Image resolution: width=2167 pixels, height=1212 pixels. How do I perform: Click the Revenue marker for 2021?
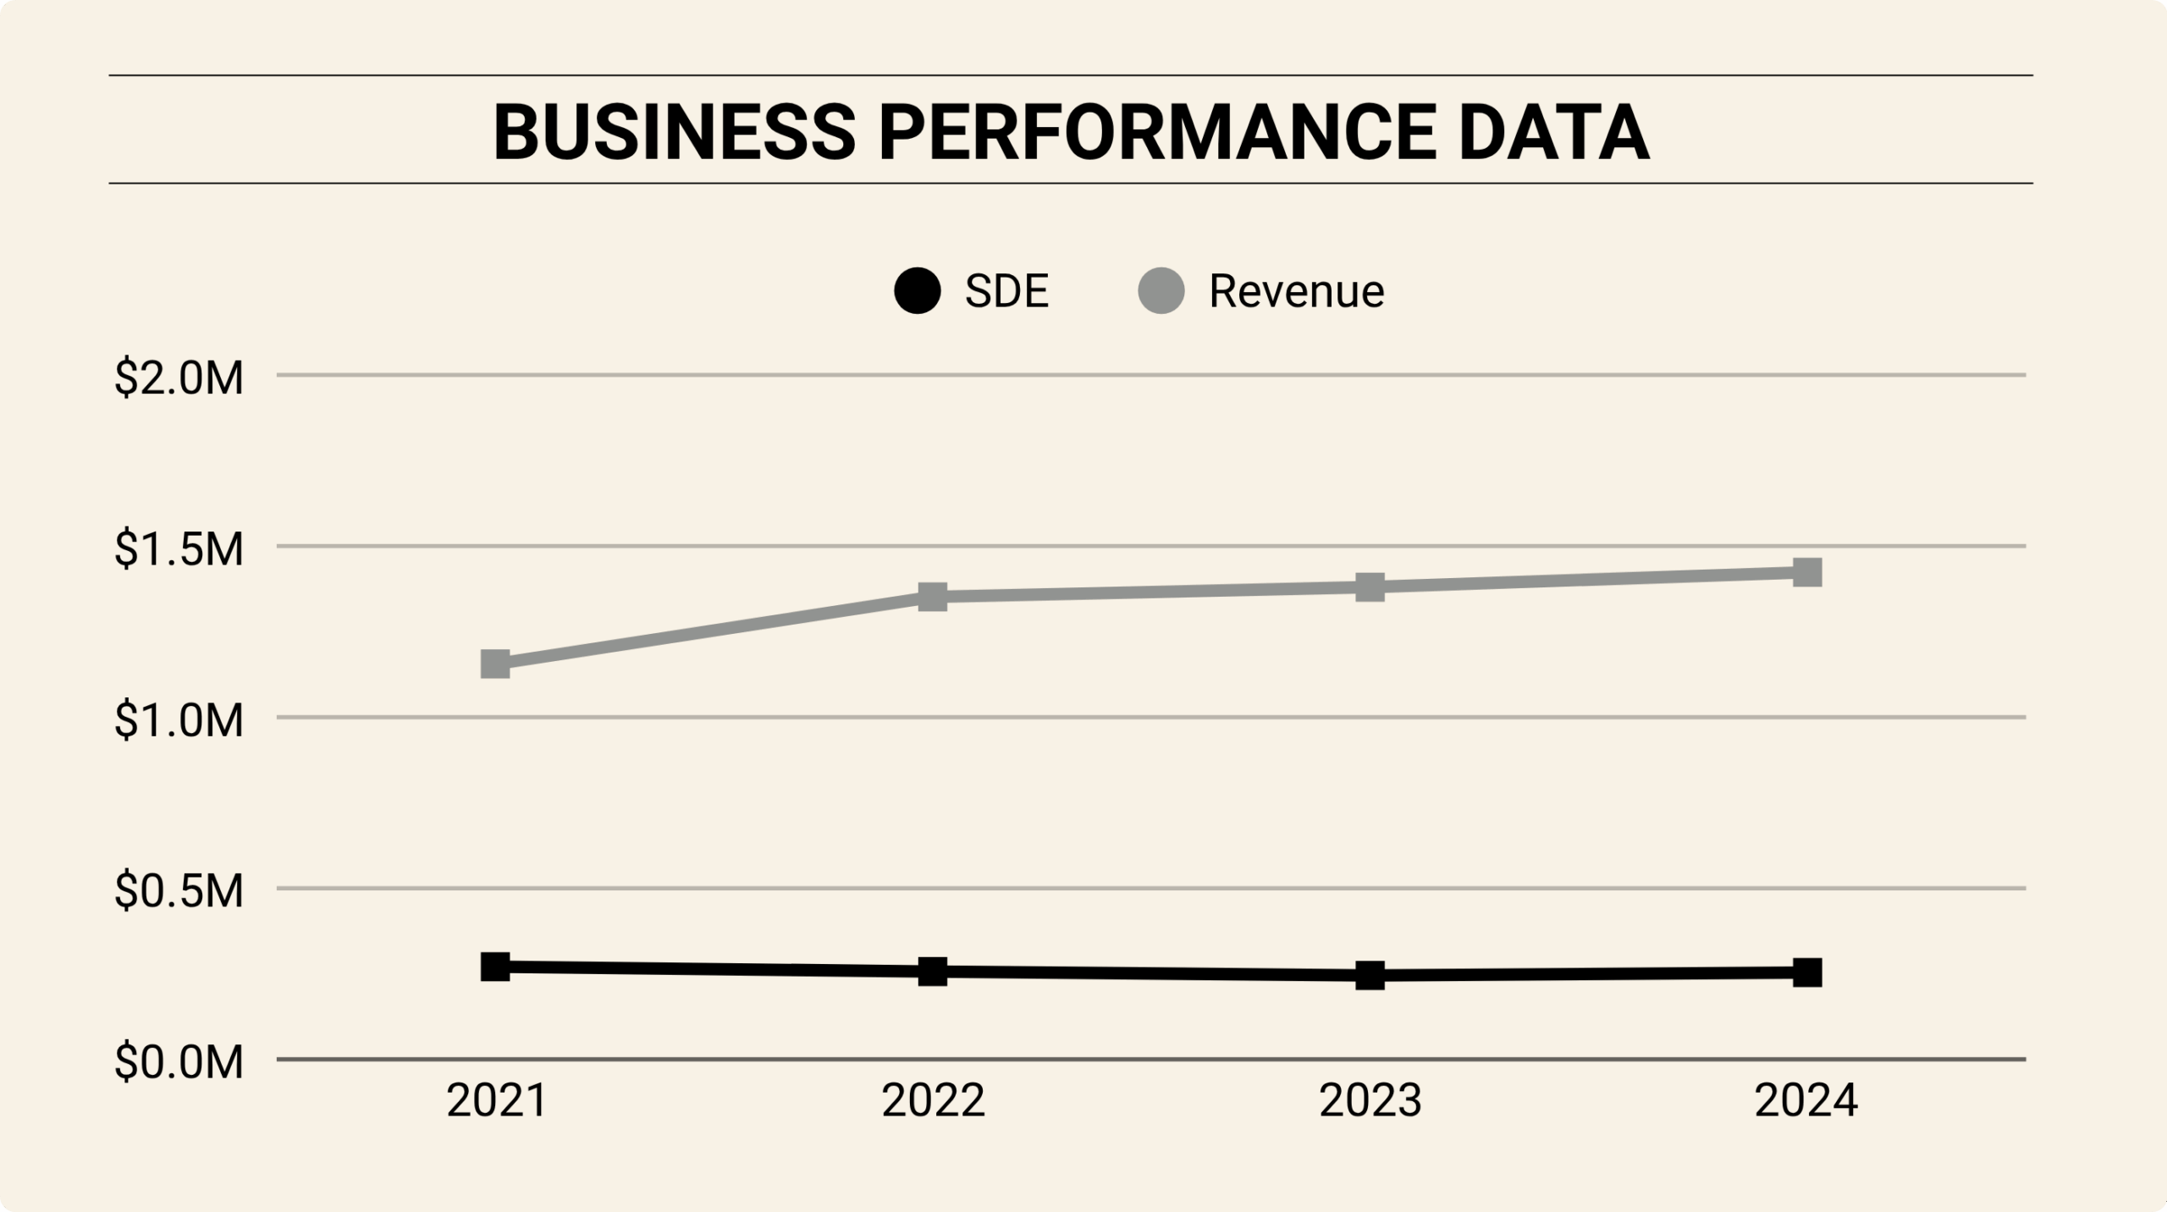pos(495,664)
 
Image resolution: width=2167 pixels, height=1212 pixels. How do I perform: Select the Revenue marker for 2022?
pos(932,596)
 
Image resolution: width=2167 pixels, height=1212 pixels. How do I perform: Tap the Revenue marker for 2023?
pos(1370,587)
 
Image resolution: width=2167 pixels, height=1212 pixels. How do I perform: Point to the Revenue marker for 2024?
pos(1806,572)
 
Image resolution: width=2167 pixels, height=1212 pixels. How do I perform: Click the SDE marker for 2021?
pos(495,967)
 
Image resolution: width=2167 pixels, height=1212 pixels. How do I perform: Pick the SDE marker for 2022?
pos(932,972)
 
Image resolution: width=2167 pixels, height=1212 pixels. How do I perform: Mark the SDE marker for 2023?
pos(1370,975)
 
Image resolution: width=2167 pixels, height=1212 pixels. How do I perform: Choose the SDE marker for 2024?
pos(1806,972)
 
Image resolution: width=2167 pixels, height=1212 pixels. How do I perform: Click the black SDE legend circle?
pos(918,291)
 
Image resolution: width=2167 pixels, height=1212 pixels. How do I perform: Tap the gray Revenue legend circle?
pos(1161,291)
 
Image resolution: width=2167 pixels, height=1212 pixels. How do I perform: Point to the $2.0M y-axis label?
pos(179,377)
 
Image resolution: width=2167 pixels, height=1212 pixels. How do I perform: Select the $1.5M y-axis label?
pos(179,548)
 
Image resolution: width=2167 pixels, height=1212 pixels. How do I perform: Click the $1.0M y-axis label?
pos(179,720)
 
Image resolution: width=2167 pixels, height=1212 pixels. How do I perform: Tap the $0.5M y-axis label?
pos(179,890)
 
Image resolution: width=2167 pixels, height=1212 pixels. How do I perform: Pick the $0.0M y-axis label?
pos(179,1062)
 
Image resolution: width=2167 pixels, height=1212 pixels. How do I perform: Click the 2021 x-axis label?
pos(497,1101)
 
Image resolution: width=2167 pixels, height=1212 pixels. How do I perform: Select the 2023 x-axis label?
pos(1370,1101)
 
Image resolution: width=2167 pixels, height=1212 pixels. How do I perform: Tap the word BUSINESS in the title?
pos(675,133)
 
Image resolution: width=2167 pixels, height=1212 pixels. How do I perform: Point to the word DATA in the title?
pos(1553,133)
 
